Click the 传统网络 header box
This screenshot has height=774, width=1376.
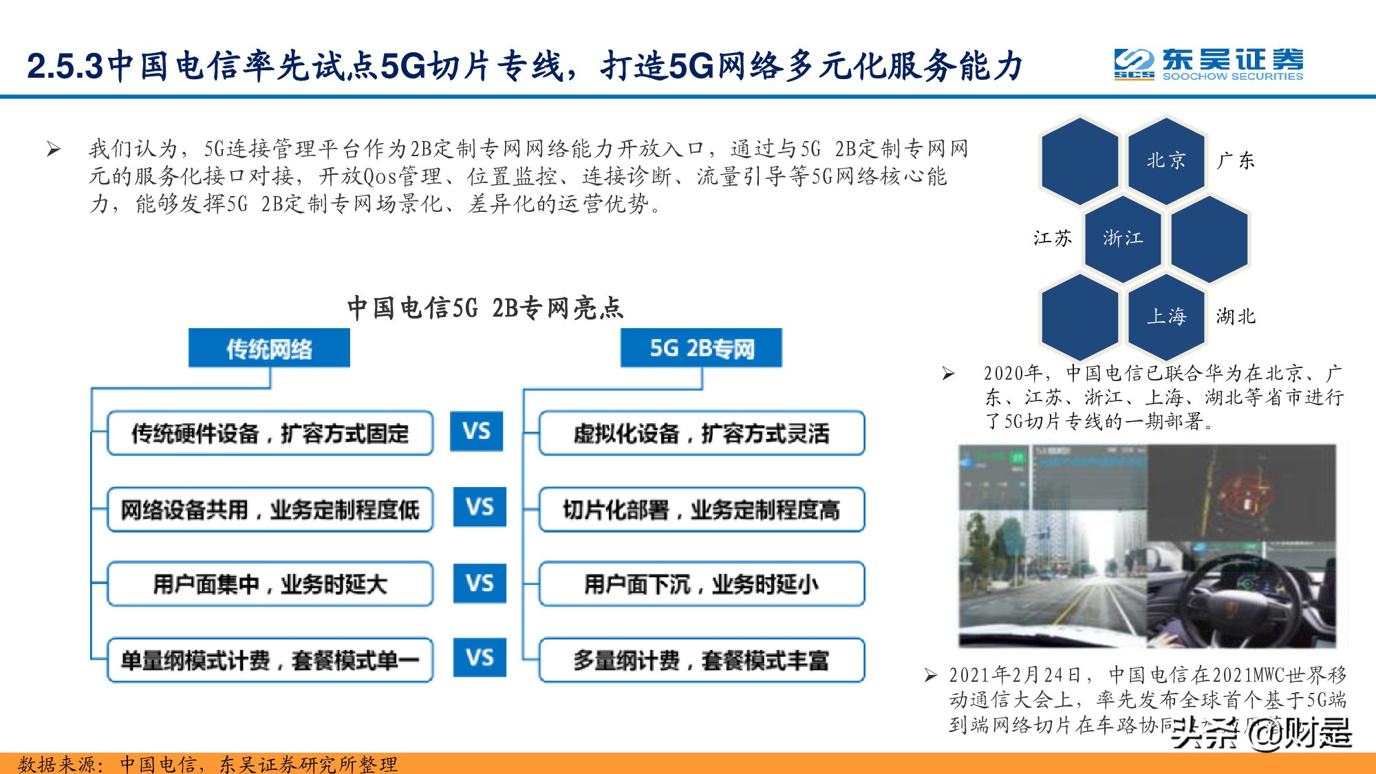pos(269,348)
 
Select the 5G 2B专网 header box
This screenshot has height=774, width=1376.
pos(701,348)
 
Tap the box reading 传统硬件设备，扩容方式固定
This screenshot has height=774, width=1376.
pos(270,433)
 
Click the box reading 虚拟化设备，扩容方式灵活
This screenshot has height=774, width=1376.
pos(702,433)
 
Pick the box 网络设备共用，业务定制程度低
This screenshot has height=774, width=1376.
pos(270,510)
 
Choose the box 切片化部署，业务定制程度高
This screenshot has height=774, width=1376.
pos(702,510)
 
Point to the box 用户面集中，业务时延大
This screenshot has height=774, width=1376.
pos(270,584)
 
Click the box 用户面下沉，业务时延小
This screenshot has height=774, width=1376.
pos(702,584)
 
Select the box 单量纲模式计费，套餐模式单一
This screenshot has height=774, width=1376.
pos(270,660)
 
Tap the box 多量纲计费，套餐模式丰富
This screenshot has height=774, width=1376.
pos(702,660)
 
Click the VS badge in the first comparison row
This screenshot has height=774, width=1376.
pos(477,431)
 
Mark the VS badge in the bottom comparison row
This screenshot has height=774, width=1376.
pos(480,657)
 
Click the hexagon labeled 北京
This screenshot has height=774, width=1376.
pos(1166,160)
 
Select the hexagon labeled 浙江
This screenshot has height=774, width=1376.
pos(1123,238)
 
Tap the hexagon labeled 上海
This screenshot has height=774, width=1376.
pos(1166,316)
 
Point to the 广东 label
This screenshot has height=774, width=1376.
pos(1236,160)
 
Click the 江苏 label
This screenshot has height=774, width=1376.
pos(1053,238)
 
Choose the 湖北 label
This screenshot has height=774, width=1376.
pos(1236,316)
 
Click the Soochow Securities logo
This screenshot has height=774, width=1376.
pos(1209,65)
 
